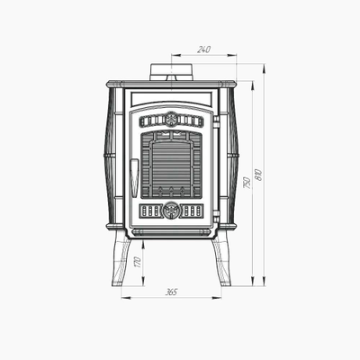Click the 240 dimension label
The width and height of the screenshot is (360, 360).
tap(204, 49)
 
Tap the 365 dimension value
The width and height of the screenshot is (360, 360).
tap(171, 292)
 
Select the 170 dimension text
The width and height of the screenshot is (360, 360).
tap(138, 262)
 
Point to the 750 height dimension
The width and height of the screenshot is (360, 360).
tap(247, 183)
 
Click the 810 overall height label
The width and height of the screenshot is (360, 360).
tap(258, 175)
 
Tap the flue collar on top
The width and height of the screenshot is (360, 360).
tap(171, 72)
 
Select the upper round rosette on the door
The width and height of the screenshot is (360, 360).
tap(171, 120)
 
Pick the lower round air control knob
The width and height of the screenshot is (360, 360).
tap(171, 211)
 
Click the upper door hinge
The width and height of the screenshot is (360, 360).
tap(216, 121)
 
